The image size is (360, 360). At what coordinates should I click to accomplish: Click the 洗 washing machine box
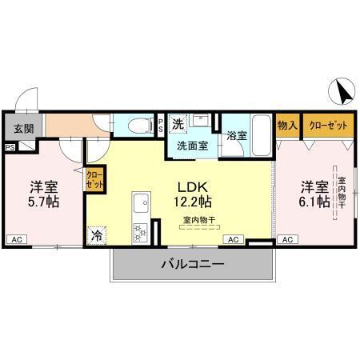coord(179,124)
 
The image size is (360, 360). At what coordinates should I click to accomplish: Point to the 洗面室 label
coord(193,146)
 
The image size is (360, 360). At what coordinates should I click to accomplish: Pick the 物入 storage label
coord(288,125)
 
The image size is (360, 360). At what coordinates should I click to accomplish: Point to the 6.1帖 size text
coord(315,202)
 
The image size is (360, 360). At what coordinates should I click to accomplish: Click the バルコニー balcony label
coord(194,264)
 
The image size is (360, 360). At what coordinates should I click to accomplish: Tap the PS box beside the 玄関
coord(10,147)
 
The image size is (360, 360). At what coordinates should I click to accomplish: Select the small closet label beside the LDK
coord(94,179)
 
